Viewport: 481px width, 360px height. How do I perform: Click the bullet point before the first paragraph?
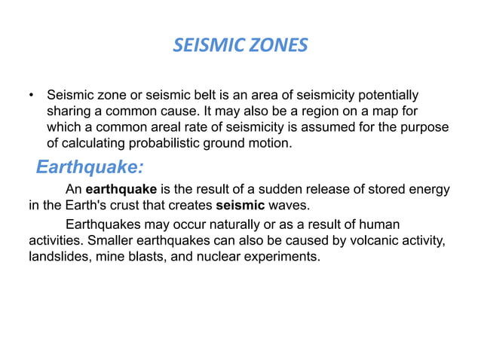coord(32,96)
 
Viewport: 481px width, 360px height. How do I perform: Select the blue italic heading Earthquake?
coord(90,165)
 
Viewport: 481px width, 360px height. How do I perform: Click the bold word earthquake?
coord(120,189)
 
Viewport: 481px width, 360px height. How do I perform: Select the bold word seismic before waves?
coord(239,204)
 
